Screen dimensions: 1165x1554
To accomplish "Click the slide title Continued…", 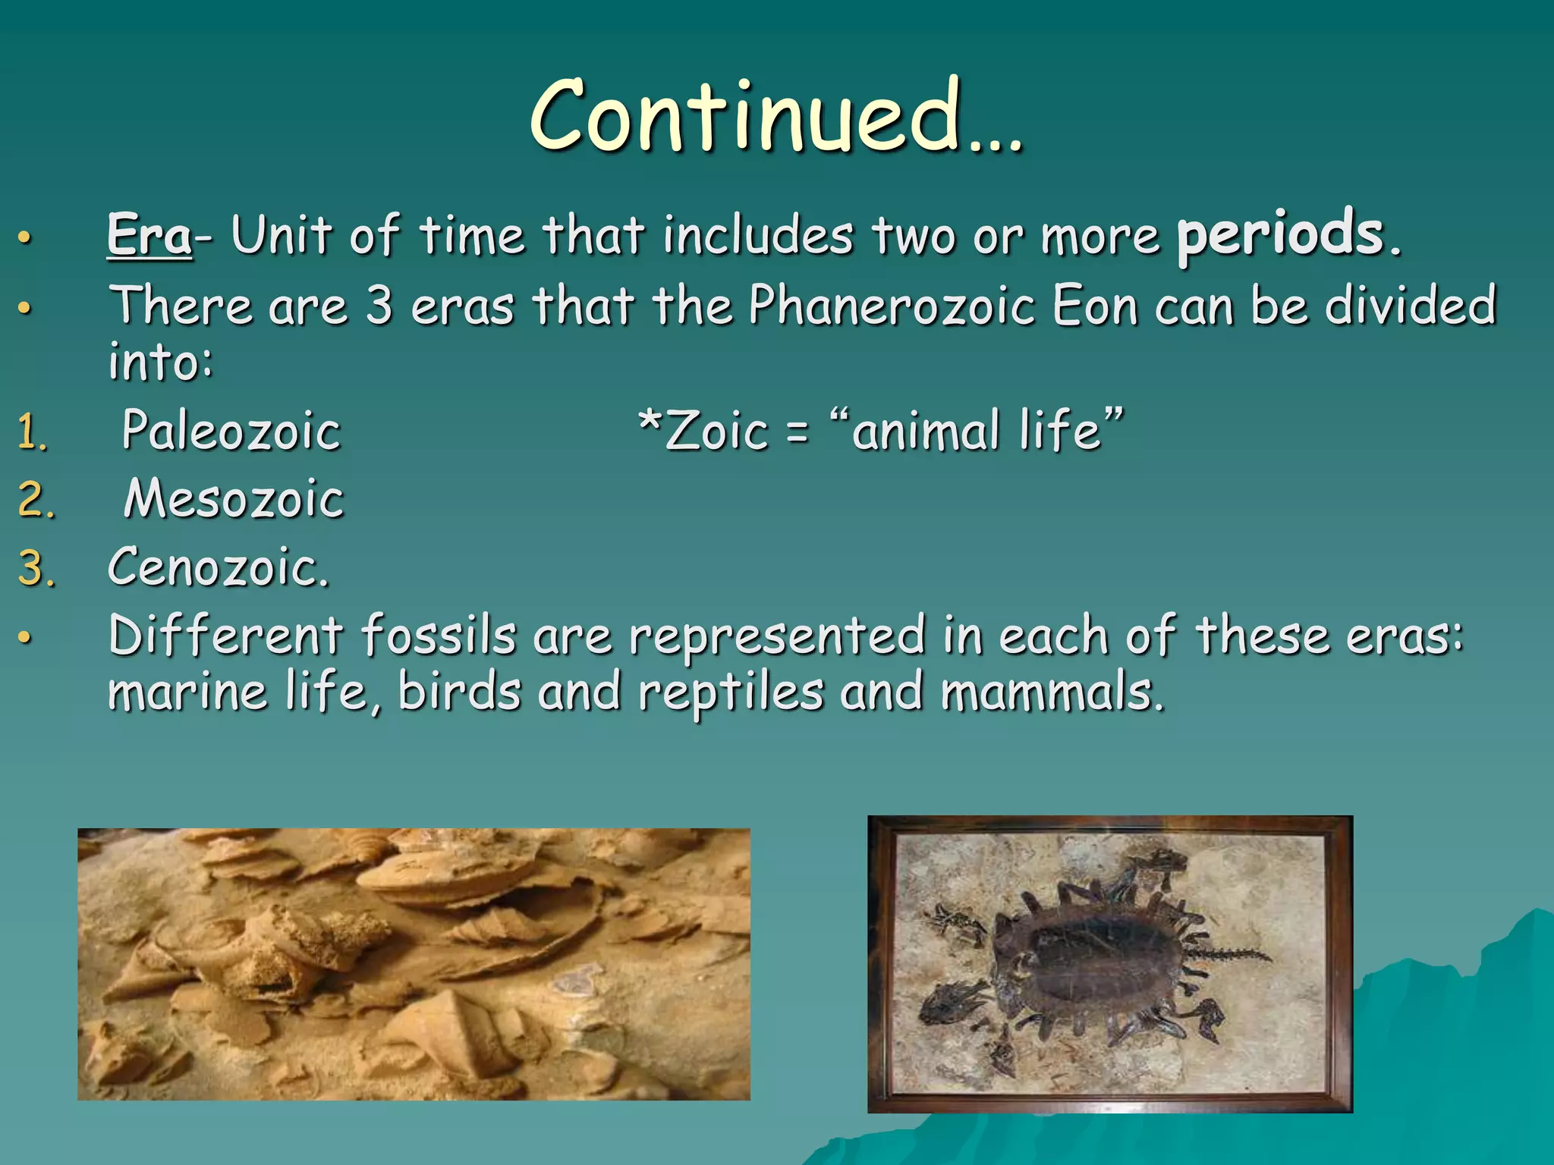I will click(x=775, y=115).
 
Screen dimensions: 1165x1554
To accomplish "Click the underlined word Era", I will click(x=149, y=235).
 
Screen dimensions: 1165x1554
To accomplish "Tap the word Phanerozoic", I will click(x=892, y=306).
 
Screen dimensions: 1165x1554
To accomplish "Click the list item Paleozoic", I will click(x=231, y=431).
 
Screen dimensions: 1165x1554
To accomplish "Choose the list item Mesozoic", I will click(x=234, y=499).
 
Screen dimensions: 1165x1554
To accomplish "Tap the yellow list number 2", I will click(x=35, y=501).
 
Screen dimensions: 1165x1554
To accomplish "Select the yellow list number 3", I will click(x=35, y=569).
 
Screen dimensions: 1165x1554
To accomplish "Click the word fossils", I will click(x=438, y=636).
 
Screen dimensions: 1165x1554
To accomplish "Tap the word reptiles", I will click(x=730, y=693).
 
